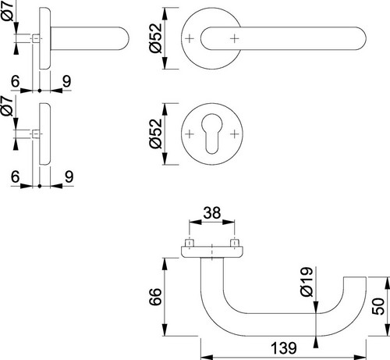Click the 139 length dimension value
[x=283, y=348]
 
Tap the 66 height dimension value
[x=155, y=297]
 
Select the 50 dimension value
[x=378, y=306]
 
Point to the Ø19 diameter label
[x=307, y=282]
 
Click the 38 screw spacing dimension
[x=212, y=212]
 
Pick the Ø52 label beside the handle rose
[x=156, y=38]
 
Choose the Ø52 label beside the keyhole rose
[x=156, y=134]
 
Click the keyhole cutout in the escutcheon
[x=212, y=133]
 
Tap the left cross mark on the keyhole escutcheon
[x=190, y=134]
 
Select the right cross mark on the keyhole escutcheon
[x=235, y=134]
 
